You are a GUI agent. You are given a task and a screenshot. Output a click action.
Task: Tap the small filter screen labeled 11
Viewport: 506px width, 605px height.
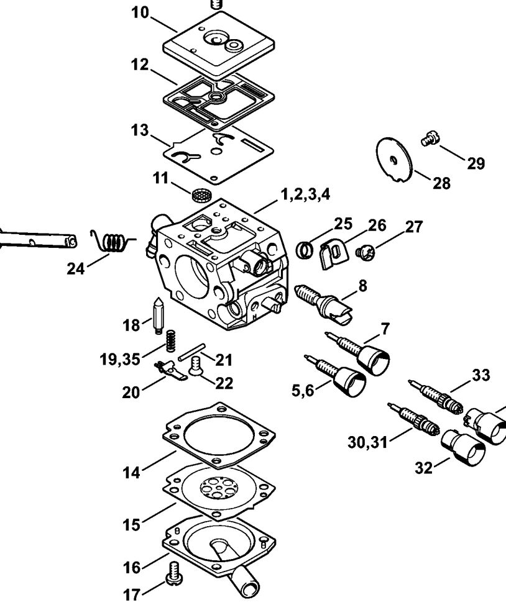(x=200, y=194)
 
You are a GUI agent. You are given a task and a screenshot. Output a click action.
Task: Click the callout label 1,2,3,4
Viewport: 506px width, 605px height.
(x=305, y=194)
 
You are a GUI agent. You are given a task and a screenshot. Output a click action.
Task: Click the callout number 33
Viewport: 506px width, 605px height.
(x=480, y=375)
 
